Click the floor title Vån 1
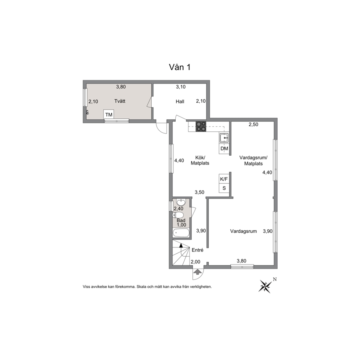[180, 67]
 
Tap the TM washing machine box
[109, 114]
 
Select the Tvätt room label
[120, 101]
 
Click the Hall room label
[180, 102]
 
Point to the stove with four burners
[201, 127]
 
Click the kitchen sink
[224, 138]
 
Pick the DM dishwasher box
[224, 149]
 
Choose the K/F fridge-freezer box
[224, 179]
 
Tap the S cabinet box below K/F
[224, 188]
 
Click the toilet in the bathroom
[178, 215]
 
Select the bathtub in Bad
[181, 233]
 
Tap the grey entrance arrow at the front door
[197, 272]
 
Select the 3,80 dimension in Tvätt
[121, 87]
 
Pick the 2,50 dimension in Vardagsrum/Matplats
[253, 124]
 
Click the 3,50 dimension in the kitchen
[200, 192]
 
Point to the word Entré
[197, 250]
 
